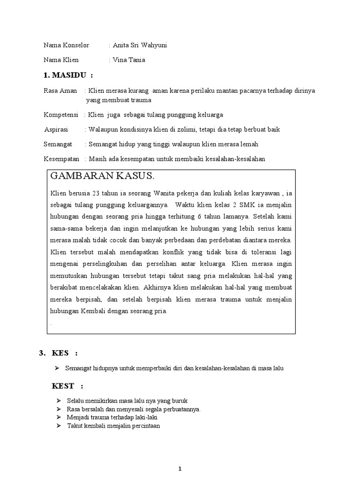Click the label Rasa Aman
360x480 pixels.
(x=60, y=90)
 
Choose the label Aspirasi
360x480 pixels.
(x=56, y=129)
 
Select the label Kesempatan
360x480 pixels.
(x=62, y=159)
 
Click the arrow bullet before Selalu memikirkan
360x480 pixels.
(x=59, y=401)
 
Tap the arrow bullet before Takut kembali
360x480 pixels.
(x=59, y=426)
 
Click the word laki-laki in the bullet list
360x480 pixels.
(x=146, y=417)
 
